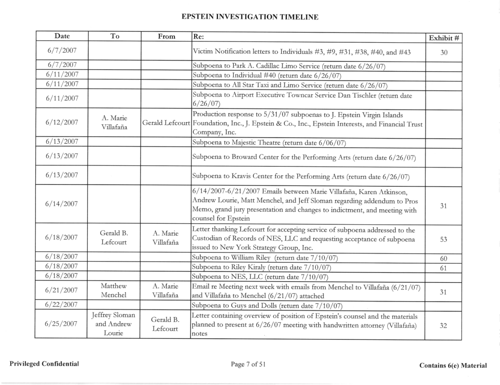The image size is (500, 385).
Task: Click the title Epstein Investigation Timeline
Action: coord(250,17)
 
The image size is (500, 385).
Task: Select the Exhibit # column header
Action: coord(443,37)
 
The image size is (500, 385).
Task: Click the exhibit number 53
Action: coord(443,240)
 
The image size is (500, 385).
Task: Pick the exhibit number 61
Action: coord(443,267)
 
